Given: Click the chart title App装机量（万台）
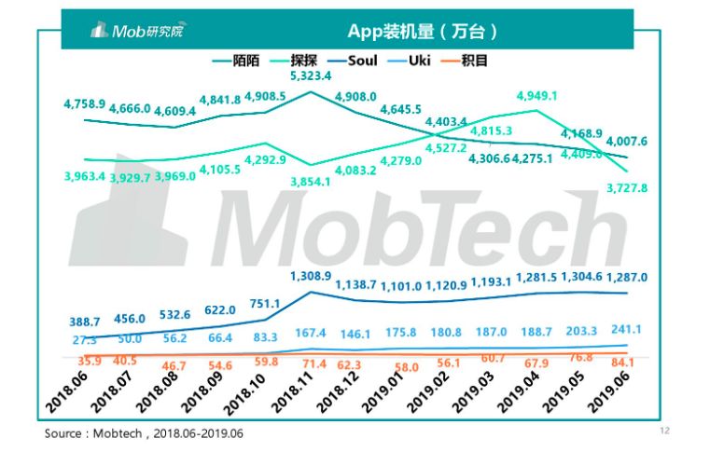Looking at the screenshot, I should (x=421, y=31).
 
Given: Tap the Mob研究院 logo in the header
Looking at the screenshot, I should (x=137, y=32).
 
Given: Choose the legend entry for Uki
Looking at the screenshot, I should (x=431, y=61).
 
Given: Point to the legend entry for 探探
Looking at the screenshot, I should (x=303, y=61).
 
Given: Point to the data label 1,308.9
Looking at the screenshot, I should (x=311, y=277).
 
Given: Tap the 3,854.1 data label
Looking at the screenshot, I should (x=311, y=181).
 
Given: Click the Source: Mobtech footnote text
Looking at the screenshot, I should (x=148, y=434).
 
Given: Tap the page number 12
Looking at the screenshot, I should (x=665, y=431).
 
